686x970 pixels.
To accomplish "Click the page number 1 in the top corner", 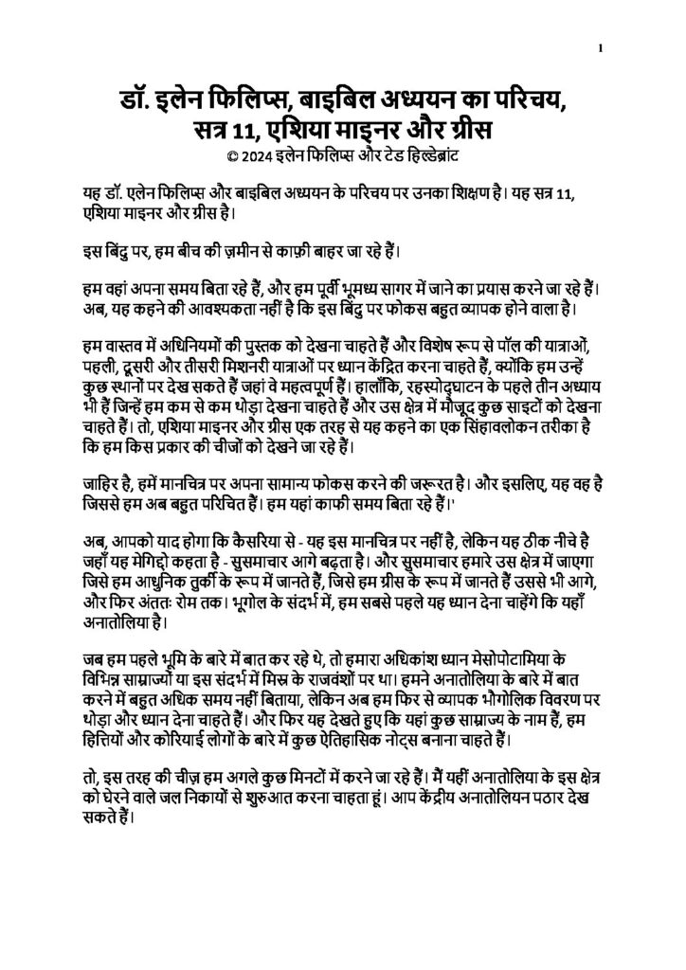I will (x=601, y=47).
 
